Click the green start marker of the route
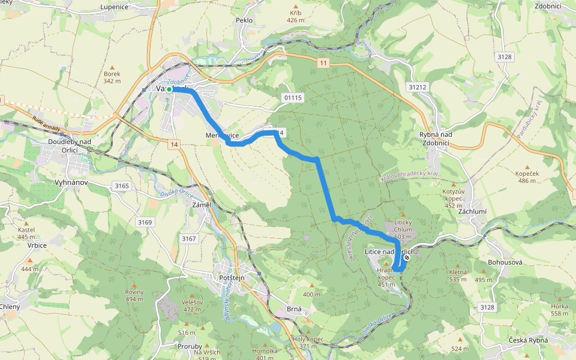coord(169,89)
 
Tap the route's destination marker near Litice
coord(407,257)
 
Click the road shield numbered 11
coord(323,63)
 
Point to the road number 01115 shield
coord(293,97)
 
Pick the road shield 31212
coord(417,87)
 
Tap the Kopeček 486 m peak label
coord(527,176)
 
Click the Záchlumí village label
coord(473,212)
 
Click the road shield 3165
coord(121,186)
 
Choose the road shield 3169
coord(145,222)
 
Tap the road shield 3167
coord(189,239)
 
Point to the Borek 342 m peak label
coord(112,77)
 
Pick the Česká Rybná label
coord(528,341)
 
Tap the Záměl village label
coord(201,205)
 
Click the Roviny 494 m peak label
coord(134,295)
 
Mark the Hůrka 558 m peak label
coord(559,309)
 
